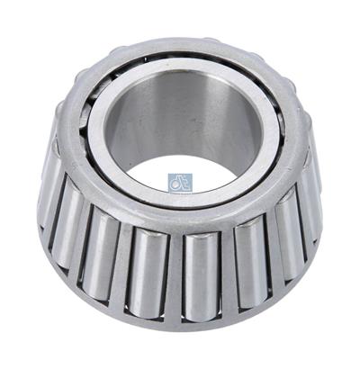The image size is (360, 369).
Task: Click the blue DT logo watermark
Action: [x=180, y=180]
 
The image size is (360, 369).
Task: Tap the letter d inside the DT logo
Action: [x=175, y=179]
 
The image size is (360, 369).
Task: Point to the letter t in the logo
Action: [x=184, y=179]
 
